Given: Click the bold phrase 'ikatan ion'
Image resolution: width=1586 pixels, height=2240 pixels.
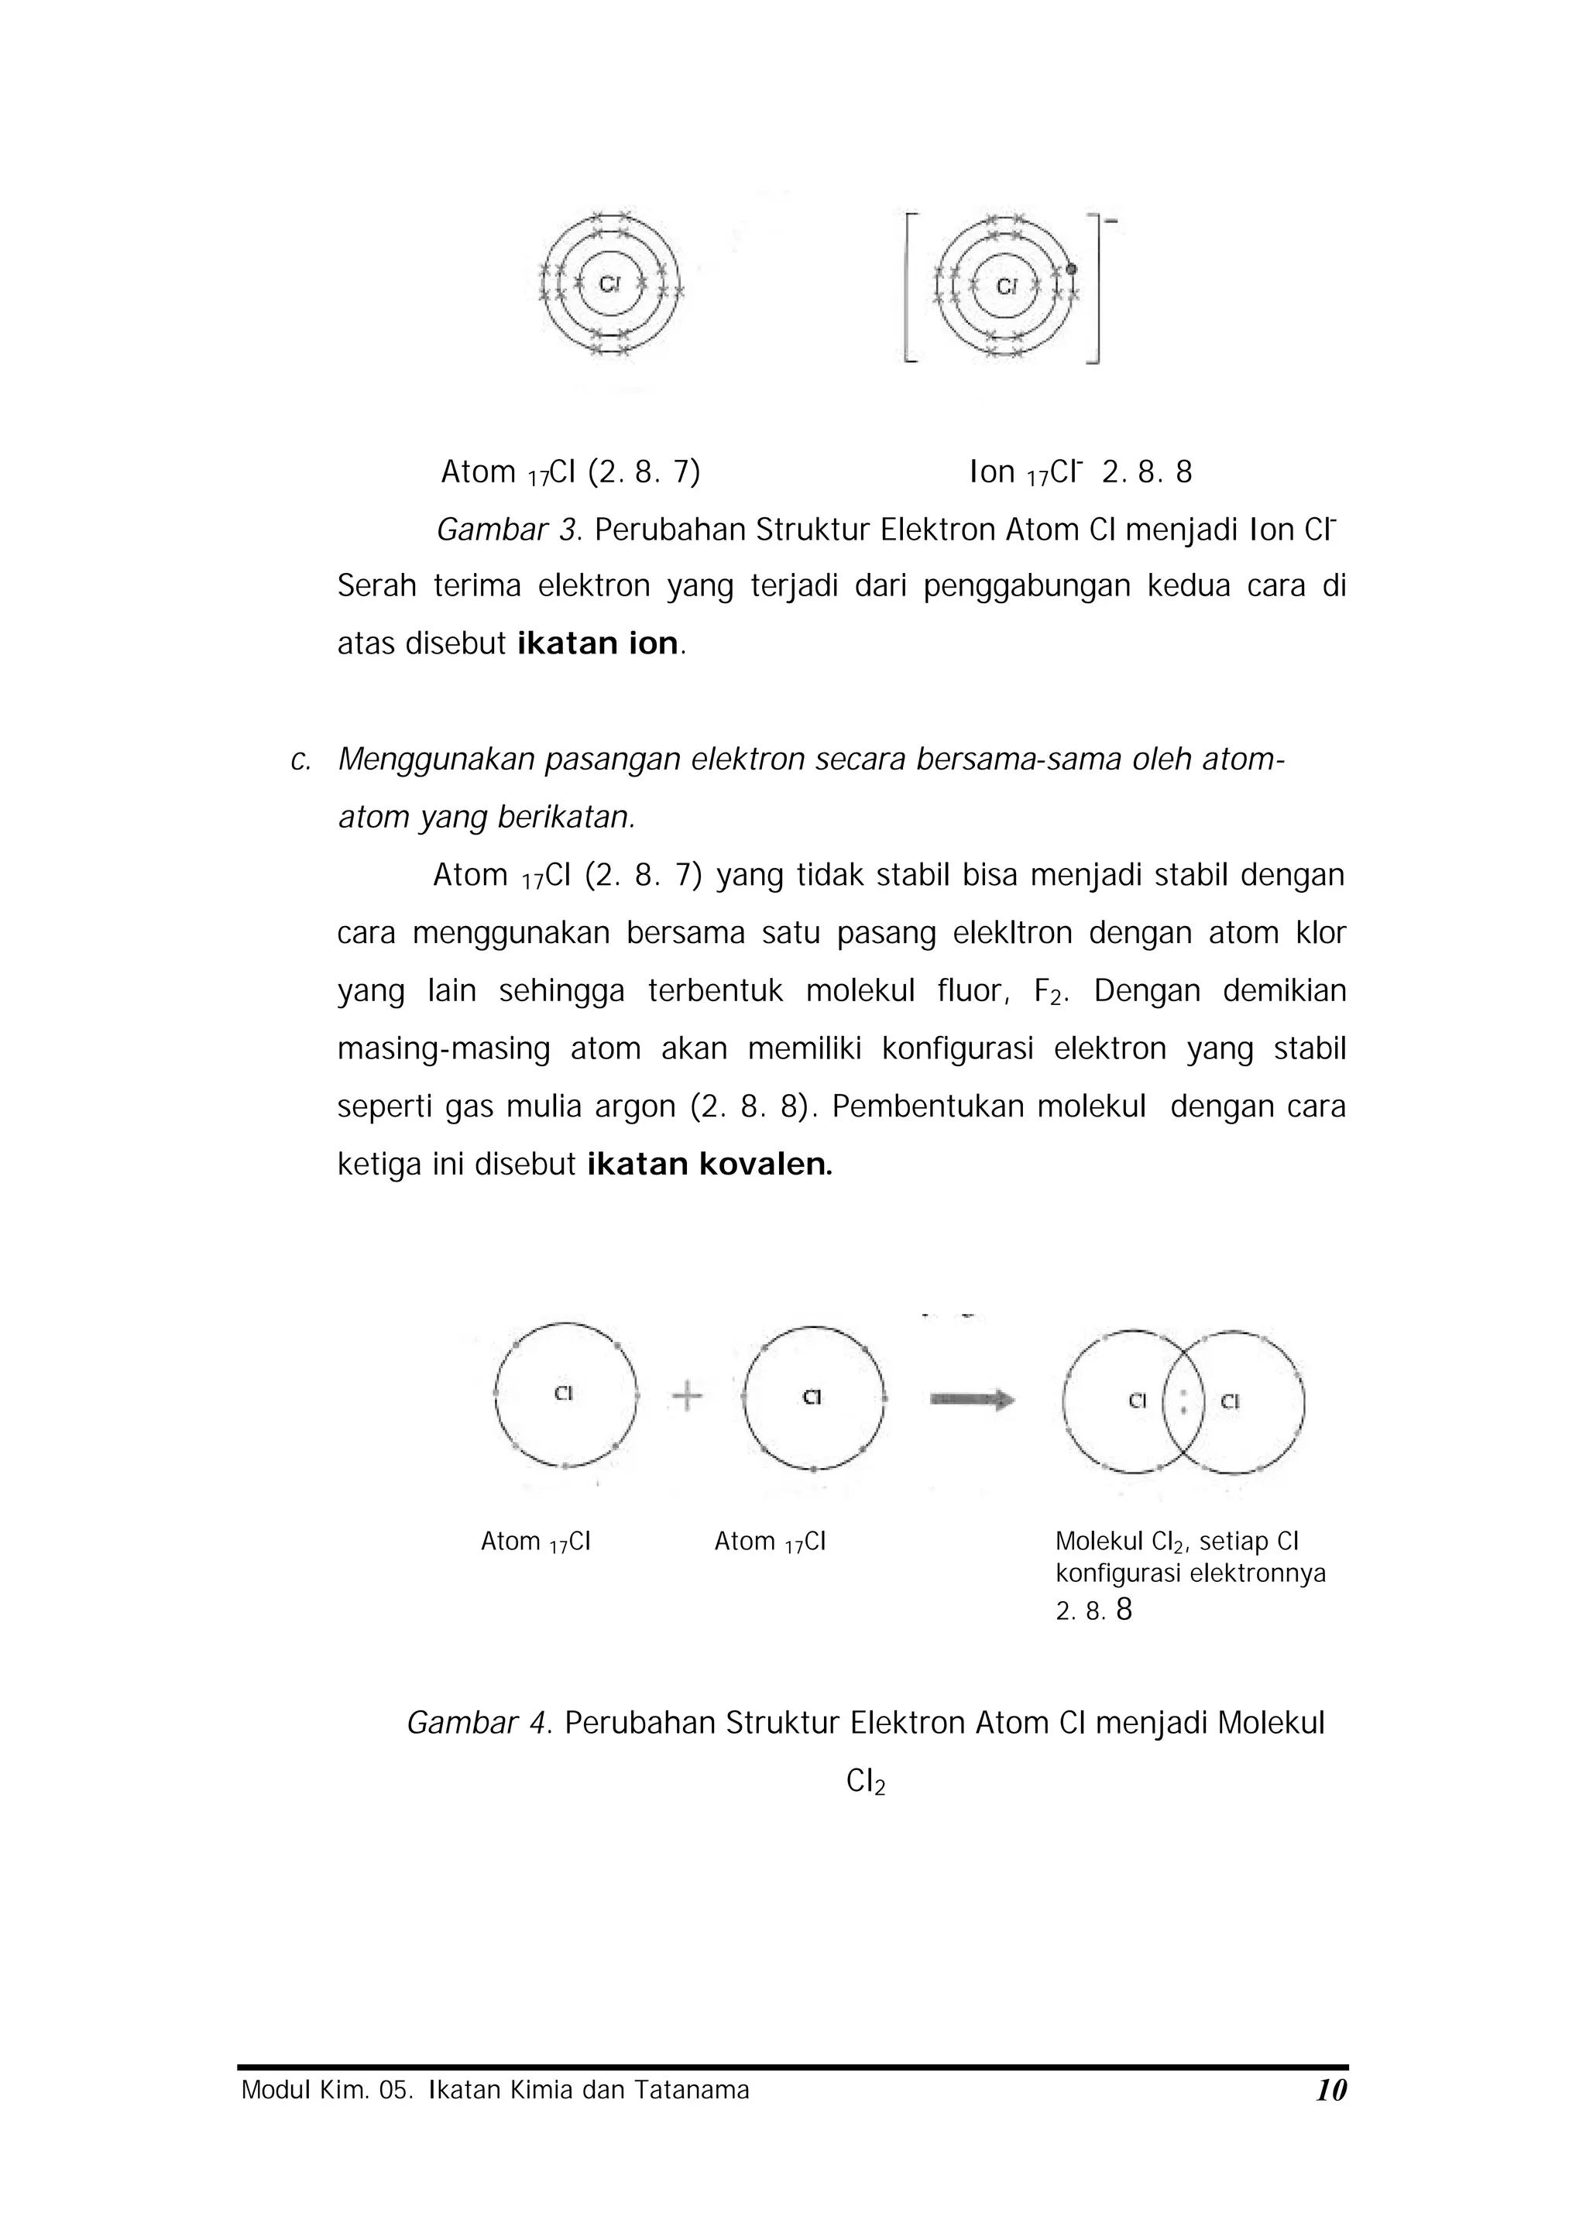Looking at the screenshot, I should (x=597, y=643).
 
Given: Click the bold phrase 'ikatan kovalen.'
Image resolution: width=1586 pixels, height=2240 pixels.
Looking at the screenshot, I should (x=710, y=1165).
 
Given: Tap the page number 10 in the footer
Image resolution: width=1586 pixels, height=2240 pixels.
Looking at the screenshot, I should (x=1331, y=2091).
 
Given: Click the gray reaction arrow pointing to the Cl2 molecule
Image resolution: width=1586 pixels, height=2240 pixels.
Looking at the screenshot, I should (x=972, y=1400).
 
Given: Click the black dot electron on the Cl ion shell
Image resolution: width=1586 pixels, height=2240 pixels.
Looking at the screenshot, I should (x=1071, y=270).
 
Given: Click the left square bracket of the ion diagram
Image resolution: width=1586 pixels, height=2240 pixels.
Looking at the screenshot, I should (x=910, y=287).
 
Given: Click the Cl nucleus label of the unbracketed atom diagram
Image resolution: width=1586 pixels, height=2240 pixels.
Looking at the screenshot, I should (x=609, y=284).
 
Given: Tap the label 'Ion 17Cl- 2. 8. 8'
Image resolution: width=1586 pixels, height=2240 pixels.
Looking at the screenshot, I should (x=1080, y=472).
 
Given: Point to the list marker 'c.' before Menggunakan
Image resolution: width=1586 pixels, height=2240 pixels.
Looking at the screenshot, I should (x=300, y=760).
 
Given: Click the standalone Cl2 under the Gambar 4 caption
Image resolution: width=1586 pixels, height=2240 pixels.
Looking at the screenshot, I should (x=865, y=1782).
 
